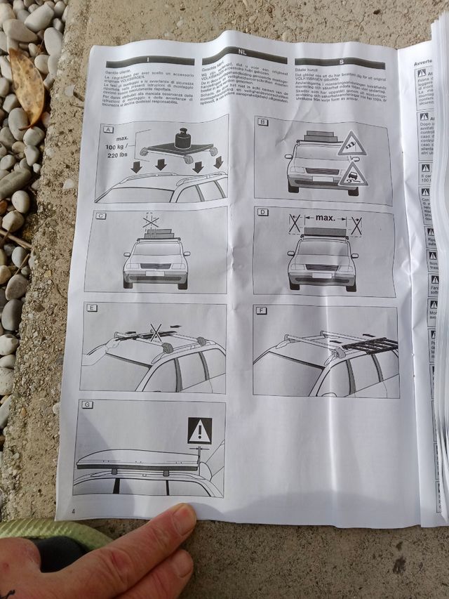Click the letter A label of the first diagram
point(108,129)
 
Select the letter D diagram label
point(262,212)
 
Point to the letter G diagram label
point(86,404)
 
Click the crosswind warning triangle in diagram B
point(350,147)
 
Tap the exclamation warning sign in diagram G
point(199,430)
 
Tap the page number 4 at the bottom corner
point(74,510)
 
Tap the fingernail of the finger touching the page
point(185,520)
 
